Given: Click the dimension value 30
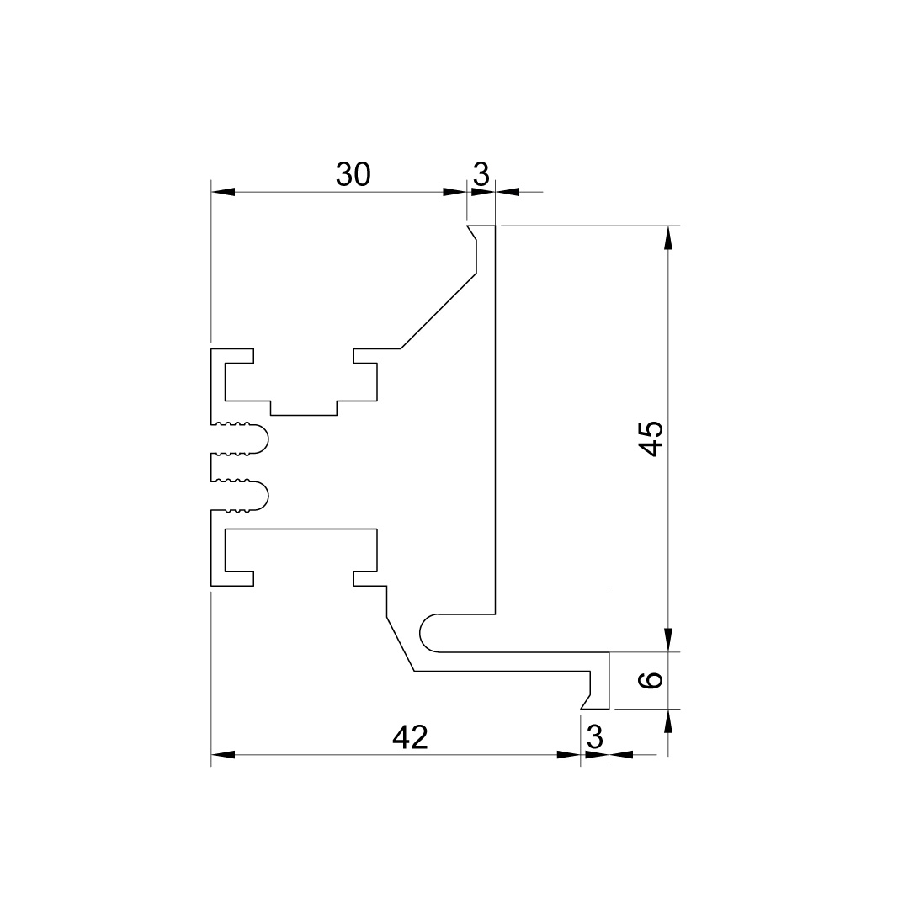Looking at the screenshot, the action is pos(353,174).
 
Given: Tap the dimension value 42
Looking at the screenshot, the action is pos(411,737).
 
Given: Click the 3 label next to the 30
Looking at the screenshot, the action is pos(481,174).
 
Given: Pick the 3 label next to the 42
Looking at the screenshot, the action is pos(595,737).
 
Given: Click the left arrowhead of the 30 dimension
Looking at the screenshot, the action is pos(223,191).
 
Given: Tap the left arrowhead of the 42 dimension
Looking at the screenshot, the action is pos(223,755).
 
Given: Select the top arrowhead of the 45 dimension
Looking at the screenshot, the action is pos(668,237).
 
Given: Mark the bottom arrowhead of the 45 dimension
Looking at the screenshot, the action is pos(668,640).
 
